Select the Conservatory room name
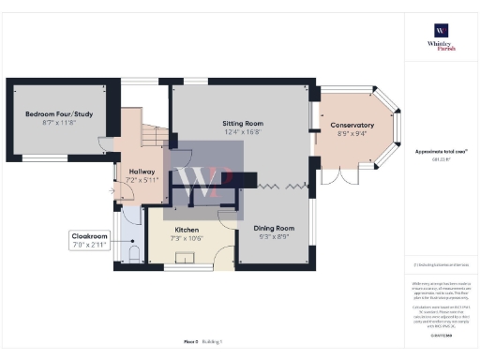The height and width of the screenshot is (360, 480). click(352, 125)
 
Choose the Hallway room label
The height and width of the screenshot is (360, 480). click(130, 172)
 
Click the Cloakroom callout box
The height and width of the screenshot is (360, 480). click(89, 239)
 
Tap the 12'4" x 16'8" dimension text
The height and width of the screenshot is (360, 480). click(242, 132)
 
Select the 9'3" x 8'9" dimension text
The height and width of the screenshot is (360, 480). click(274, 236)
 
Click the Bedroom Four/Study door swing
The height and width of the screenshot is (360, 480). click(106, 142)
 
